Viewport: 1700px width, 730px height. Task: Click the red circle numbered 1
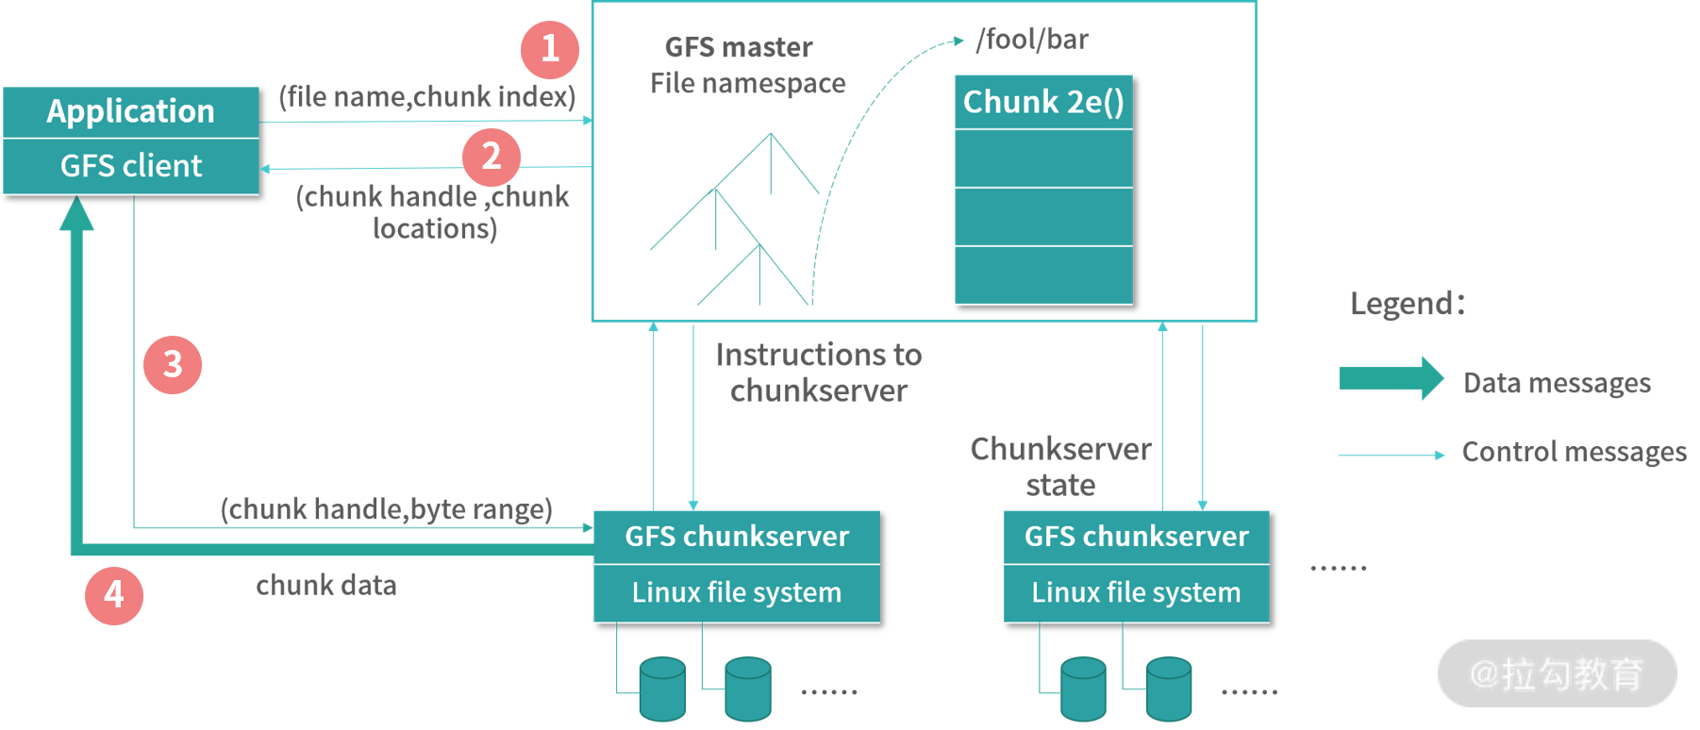[x=550, y=49]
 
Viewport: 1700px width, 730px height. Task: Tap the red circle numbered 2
[x=492, y=157]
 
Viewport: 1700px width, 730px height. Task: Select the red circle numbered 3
[x=173, y=364]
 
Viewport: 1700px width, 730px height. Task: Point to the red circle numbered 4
[x=114, y=595]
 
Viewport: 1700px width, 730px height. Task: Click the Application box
[x=131, y=112]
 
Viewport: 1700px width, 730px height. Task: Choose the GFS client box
[x=131, y=167]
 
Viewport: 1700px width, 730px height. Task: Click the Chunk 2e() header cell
[x=1043, y=102]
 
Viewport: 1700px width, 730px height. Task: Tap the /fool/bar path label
[x=1032, y=40]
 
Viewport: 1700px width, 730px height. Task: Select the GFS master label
[x=739, y=47]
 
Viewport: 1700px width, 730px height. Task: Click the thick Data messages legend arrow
[x=1392, y=379]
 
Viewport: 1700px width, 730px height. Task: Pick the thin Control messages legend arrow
[x=1392, y=455]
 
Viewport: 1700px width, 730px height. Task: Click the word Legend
[x=1406, y=304]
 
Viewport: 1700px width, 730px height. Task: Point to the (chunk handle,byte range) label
[x=386, y=509]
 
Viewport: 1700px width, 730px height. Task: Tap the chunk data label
[x=325, y=586]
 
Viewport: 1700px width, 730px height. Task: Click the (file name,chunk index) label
[x=426, y=96]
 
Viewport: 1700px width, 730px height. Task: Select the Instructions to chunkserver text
[x=818, y=373]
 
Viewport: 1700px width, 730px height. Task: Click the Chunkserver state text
[x=1060, y=467]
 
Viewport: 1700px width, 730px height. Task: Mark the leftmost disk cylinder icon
[x=662, y=689]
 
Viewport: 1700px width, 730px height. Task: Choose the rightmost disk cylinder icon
[x=1169, y=689]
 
